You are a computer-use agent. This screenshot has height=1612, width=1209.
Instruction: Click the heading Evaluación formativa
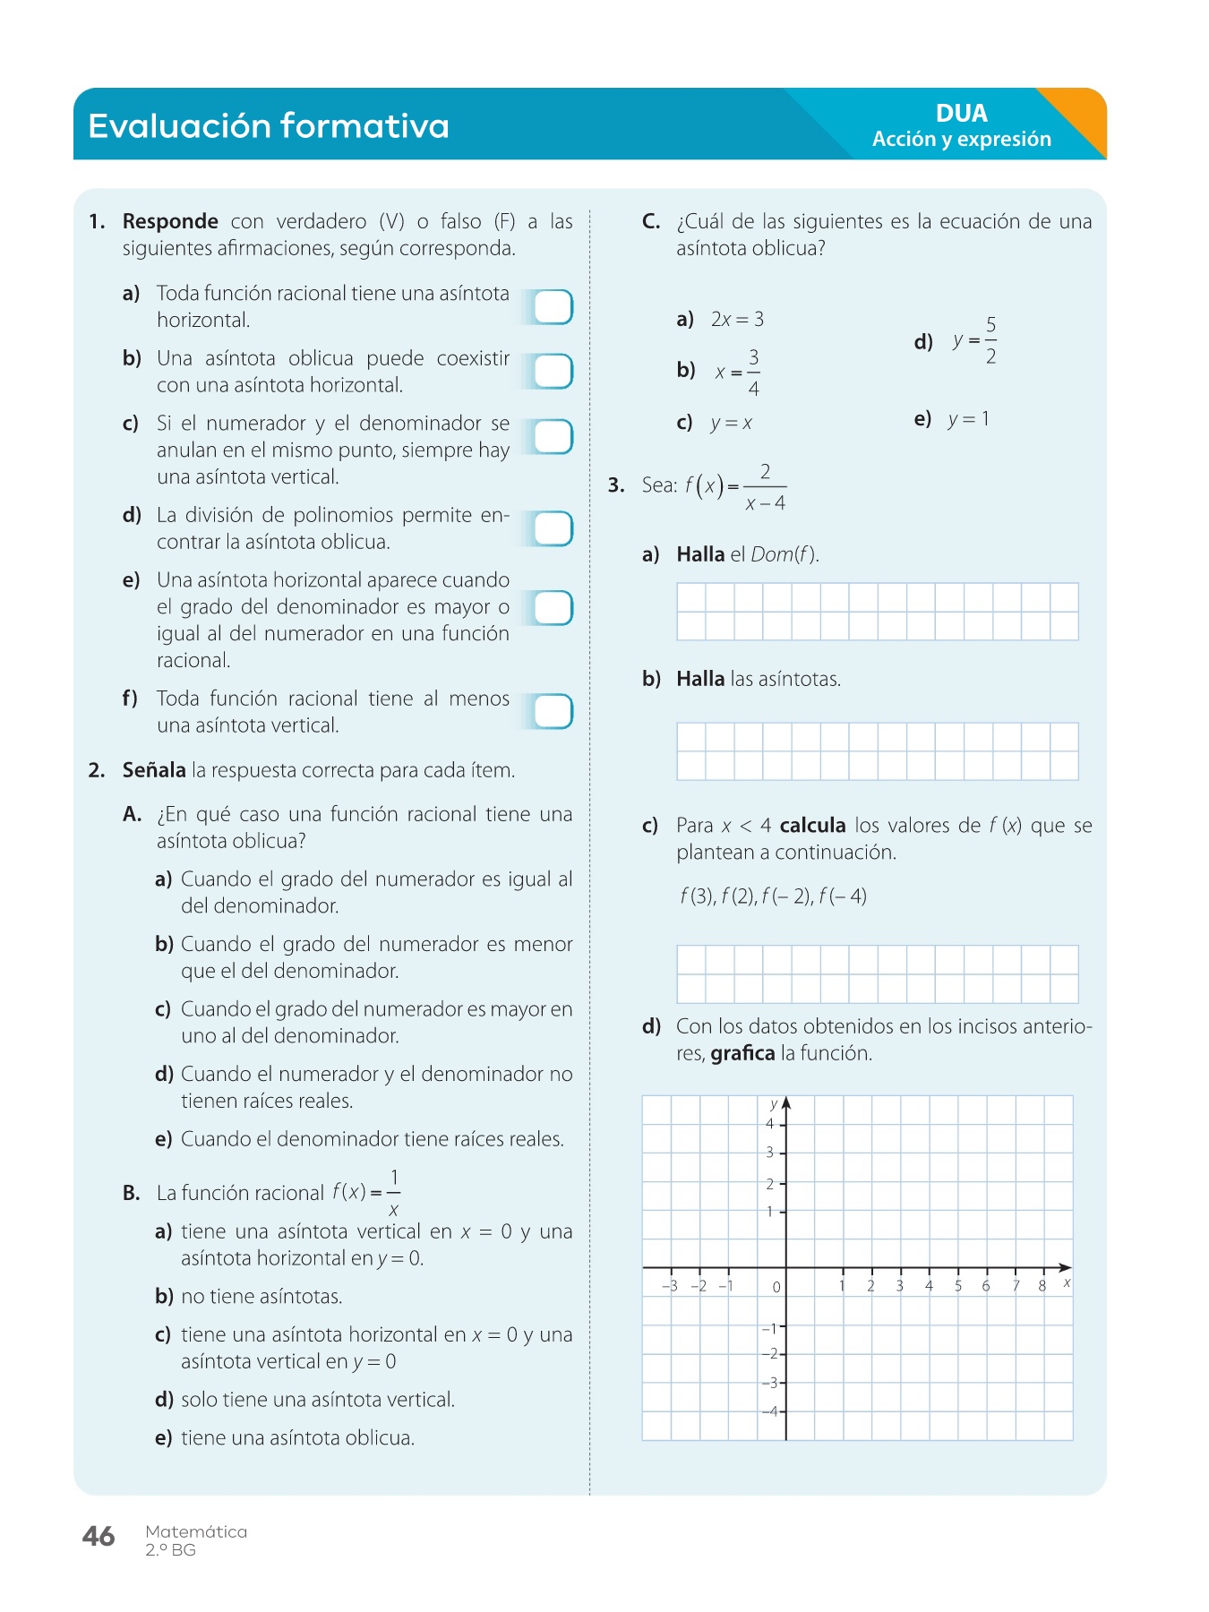pos(268,125)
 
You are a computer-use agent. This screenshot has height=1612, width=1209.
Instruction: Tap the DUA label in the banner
pos(961,113)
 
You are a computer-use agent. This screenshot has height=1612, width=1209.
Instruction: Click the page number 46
pos(99,1537)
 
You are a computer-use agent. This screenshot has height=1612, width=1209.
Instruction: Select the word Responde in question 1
pos(170,221)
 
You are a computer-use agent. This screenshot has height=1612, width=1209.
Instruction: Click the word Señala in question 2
pos(154,770)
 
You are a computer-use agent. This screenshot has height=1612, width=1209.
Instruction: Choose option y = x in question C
pos(731,423)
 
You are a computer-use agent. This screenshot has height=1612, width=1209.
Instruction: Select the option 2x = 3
pos(737,319)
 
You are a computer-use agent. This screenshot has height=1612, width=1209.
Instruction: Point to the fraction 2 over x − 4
pos(765,487)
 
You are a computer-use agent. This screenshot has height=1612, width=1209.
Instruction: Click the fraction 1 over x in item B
pos(393,1193)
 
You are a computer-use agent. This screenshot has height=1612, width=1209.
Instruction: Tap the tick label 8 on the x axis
pos(1042,1286)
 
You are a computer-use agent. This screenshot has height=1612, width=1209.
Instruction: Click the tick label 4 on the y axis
pos(769,1124)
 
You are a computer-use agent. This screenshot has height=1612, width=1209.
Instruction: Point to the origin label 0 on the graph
pos(776,1287)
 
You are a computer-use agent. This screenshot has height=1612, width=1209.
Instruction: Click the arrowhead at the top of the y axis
pos(786,1103)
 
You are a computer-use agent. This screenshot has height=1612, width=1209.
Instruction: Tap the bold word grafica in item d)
pos(742,1053)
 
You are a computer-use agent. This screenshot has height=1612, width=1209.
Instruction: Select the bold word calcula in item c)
pos(812,825)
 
